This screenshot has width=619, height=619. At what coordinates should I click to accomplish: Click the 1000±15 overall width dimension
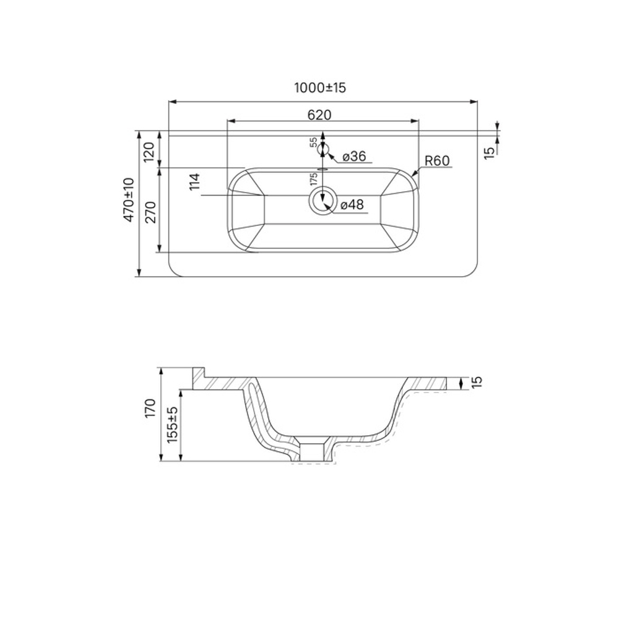(319, 88)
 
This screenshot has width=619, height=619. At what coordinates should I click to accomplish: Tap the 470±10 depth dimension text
(129, 199)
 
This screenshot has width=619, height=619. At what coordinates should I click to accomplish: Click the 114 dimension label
(194, 183)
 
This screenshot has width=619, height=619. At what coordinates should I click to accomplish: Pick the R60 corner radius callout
(436, 161)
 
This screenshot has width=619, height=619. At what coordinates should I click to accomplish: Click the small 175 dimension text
(314, 179)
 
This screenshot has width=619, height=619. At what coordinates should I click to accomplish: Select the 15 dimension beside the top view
(488, 150)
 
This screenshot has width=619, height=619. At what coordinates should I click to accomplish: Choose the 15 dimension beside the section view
(475, 383)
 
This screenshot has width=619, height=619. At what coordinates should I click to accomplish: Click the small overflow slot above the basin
(322, 168)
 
